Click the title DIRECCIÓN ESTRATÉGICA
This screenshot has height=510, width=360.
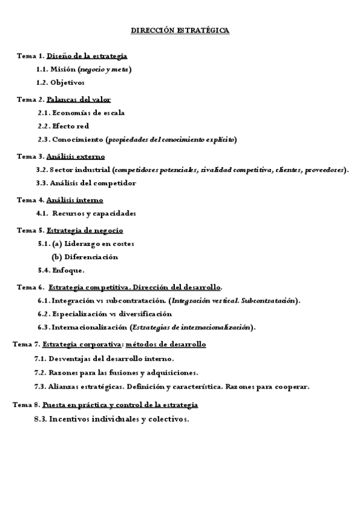(180, 30)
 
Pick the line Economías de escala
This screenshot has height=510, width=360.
(88, 112)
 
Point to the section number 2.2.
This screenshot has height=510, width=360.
(43, 126)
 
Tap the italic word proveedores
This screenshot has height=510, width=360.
(325, 170)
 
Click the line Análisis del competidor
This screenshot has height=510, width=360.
(94, 183)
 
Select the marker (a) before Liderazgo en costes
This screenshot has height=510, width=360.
(57, 244)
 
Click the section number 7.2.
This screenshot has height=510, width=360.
(40, 372)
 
